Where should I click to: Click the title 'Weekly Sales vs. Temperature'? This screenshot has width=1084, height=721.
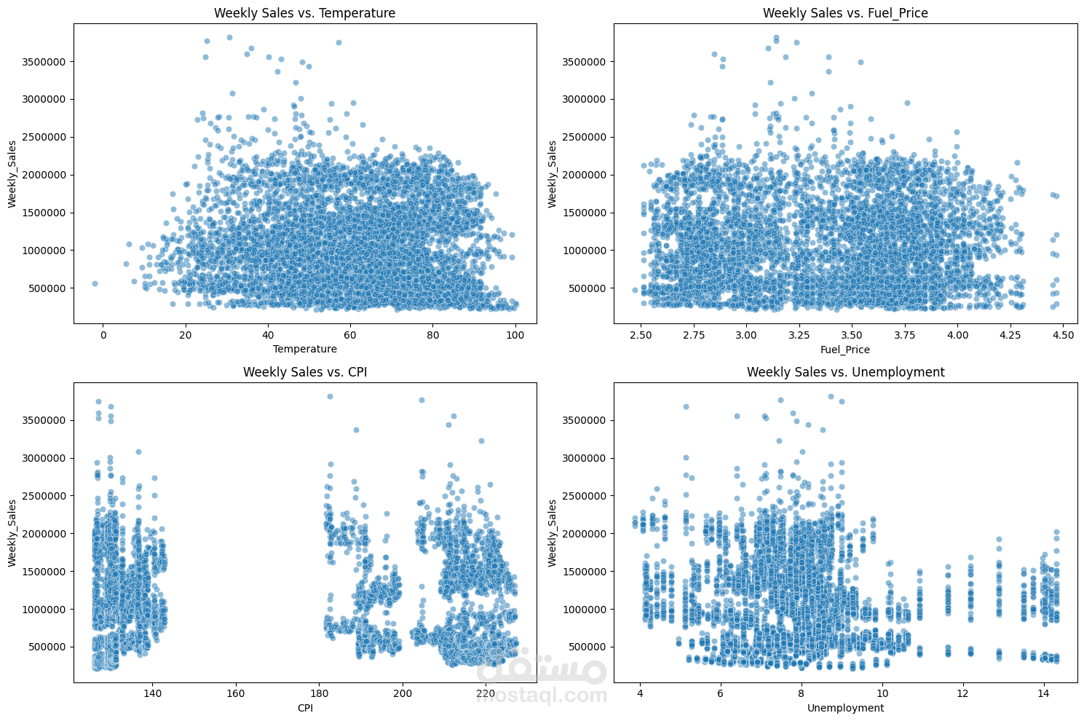[x=304, y=13]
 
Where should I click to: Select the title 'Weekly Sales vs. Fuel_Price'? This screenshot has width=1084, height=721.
[x=845, y=13]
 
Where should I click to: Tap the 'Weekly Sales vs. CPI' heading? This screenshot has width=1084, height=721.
[x=304, y=372]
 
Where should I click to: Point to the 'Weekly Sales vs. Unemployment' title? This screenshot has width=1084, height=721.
[x=845, y=372]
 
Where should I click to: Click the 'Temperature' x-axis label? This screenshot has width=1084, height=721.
[x=304, y=349]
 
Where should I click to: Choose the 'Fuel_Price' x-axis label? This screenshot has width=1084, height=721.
[x=845, y=349]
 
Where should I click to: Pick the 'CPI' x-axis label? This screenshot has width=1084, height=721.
[x=304, y=708]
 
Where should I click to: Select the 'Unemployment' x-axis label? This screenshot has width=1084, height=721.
[x=845, y=708]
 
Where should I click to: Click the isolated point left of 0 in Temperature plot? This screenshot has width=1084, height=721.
[x=95, y=283]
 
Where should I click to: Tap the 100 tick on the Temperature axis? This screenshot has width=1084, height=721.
[x=515, y=335]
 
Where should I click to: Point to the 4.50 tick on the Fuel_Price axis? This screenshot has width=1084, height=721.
[x=1064, y=335]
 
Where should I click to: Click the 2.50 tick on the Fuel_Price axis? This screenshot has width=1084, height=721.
[x=641, y=335]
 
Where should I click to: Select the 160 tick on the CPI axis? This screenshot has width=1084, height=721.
[x=235, y=694]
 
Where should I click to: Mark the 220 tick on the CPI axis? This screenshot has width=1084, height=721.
[x=486, y=694]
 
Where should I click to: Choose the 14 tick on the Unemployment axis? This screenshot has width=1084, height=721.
[x=1043, y=694]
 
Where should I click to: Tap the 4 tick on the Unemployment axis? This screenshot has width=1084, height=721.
[x=640, y=694]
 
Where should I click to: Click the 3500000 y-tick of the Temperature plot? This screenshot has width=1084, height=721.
[x=46, y=62]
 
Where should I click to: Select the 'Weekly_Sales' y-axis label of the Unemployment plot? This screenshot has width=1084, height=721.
[x=553, y=533]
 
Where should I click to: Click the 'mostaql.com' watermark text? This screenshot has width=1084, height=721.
[x=542, y=695]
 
